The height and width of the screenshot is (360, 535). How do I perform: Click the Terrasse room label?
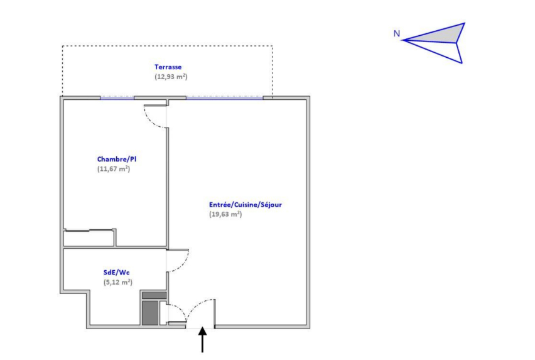tap(168, 67)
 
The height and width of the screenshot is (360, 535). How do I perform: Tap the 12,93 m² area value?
tap(171, 77)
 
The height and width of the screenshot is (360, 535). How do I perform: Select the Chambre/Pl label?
tap(116, 160)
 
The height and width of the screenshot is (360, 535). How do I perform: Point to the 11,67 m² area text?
tap(114, 169)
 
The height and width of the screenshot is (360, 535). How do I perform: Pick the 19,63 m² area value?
tap(225, 214)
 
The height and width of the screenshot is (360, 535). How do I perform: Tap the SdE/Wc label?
tap(116, 273)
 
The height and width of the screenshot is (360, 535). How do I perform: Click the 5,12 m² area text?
tap(117, 283)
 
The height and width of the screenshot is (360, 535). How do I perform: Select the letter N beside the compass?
tap(396, 34)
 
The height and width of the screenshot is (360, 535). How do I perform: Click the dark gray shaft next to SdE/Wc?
tap(150, 313)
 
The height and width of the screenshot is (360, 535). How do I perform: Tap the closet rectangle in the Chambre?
tap(89, 238)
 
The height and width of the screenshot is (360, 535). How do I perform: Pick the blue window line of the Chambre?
tap(117, 99)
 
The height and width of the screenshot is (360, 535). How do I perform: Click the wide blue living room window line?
tap(224, 99)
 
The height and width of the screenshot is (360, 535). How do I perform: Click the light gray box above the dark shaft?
tap(154, 295)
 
